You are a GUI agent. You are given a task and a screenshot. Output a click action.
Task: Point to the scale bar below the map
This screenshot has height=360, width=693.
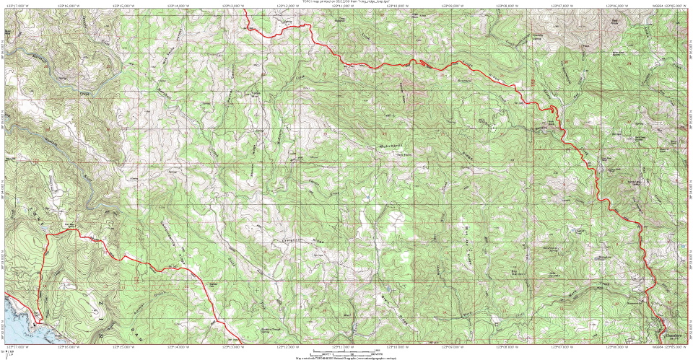(x=346, y=351)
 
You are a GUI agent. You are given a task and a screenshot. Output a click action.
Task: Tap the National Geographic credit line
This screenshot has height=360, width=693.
(x=346, y=357)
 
